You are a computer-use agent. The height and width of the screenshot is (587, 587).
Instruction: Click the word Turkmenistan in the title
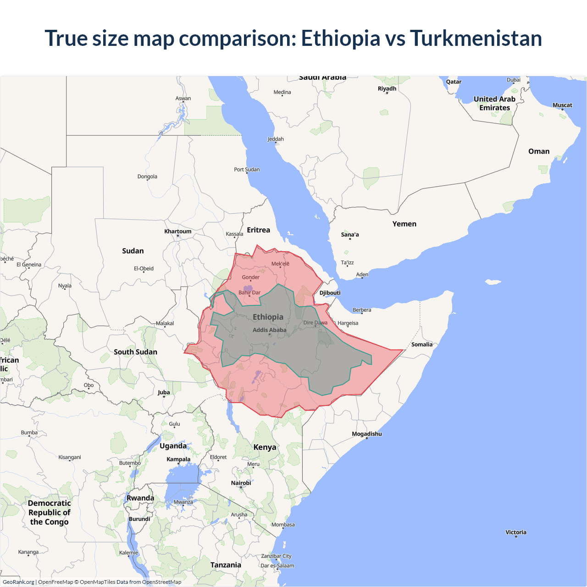(x=476, y=38)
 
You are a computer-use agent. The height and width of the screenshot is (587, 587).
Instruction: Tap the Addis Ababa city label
(x=269, y=330)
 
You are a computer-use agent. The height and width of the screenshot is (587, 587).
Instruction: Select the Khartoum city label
(x=178, y=231)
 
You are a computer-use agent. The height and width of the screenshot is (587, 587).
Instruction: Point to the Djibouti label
(x=330, y=293)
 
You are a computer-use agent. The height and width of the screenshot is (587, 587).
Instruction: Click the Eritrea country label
(x=258, y=230)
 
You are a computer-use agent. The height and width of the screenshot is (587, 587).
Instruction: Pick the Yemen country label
(x=404, y=224)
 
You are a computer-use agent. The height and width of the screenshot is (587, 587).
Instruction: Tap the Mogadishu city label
(x=366, y=434)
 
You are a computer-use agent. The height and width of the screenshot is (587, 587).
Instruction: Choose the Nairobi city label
(x=241, y=483)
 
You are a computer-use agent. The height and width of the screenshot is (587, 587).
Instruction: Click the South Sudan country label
(x=135, y=352)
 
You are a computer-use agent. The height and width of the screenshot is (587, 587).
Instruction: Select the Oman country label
(x=538, y=151)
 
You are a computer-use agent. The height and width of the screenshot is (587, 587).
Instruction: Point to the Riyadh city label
(x=387, y=89)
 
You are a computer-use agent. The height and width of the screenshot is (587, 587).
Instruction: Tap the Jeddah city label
(x=276, y=139)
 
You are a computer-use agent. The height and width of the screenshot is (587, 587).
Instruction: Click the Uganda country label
(x=173, y=446)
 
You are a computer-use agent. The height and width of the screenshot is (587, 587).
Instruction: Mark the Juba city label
(x=164, y=392)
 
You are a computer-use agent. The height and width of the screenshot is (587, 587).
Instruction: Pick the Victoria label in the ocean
(x=515, y=532)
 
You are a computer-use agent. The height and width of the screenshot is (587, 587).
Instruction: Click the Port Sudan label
(x=247, y=169)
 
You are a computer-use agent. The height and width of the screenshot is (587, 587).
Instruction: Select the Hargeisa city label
(x=348, y=323)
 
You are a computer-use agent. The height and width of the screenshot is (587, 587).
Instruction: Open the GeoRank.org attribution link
(x=18, y=582)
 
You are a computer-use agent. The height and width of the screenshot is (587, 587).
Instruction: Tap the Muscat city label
(x=562, y=105)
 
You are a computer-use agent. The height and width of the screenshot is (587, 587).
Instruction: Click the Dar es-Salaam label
(x=277, y=565)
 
